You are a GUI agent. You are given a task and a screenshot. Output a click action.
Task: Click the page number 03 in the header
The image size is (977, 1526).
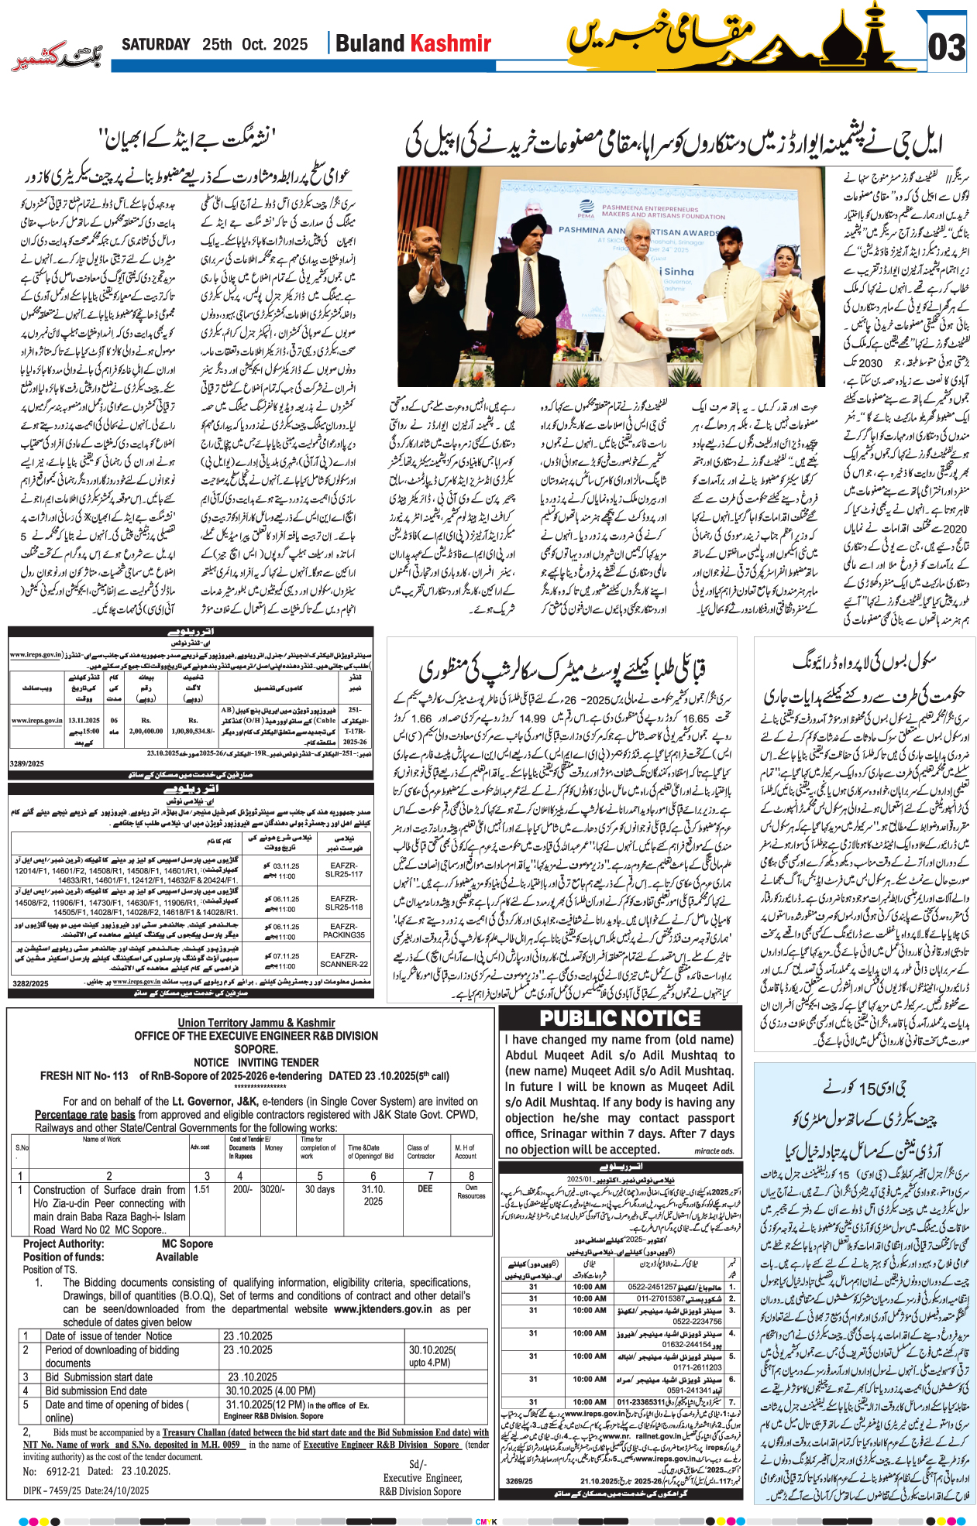(947, 48)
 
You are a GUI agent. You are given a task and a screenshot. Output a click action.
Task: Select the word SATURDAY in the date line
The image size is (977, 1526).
(156, 44)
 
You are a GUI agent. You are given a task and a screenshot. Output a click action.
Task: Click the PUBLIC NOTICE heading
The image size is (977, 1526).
(620, 1018)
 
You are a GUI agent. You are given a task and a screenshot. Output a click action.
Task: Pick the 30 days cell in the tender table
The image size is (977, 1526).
(319, 1189)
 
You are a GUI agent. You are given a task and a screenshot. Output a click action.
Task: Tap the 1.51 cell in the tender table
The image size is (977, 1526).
(202, 1189)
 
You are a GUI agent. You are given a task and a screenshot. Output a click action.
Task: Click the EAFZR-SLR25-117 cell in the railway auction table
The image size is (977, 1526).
(344, 869)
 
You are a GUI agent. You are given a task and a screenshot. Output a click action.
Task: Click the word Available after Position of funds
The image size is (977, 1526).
(177, 1257)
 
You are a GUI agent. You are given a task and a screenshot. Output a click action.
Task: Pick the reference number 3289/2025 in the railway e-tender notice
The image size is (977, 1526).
(27, 763)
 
